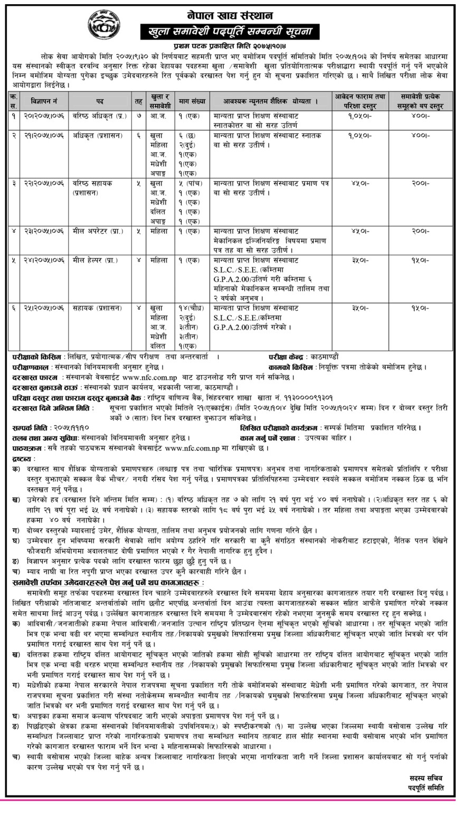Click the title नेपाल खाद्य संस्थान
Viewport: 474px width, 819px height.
(x=236, y=12)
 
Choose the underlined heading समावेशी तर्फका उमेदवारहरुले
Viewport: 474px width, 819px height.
(x=106, y=582)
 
